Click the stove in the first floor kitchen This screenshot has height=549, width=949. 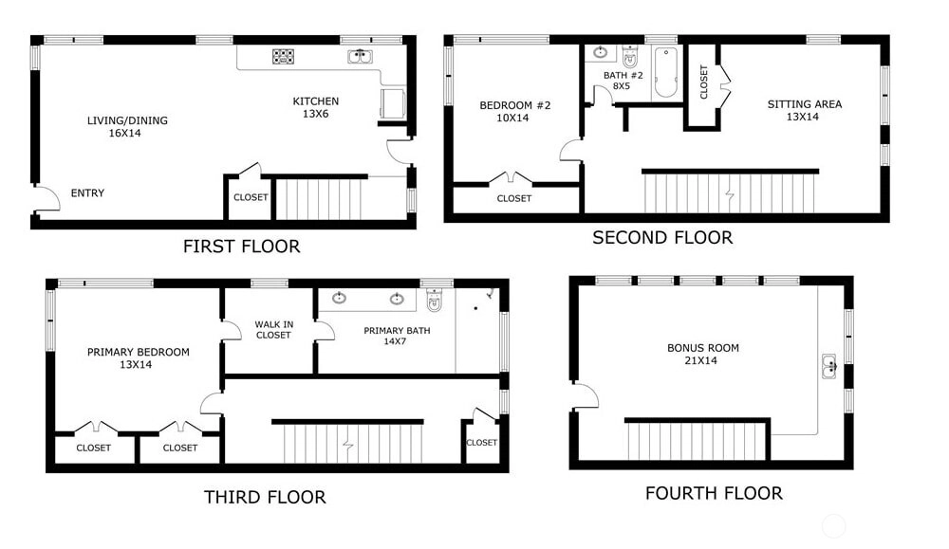(x=283, y=57)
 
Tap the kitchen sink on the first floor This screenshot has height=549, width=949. (x=360, y=57)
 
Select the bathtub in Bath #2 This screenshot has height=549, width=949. (x=666, y=73)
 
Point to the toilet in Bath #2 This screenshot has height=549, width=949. (x=630, y=56)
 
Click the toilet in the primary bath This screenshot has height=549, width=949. (x=434, y=300)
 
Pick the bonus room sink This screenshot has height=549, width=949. (x=829, y=366)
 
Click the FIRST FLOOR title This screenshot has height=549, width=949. (x=241, y=247)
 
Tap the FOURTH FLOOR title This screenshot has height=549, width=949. (x=715, y=493)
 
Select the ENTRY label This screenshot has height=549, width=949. (x=87, y=192)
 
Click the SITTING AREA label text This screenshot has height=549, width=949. (x=805, y=104)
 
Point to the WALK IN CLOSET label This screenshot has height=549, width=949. (x=274, y=330)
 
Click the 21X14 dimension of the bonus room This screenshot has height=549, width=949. (x=701, y=360)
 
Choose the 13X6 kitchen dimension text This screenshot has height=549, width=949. (x=315, y=114)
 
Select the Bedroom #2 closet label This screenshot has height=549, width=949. (x=513, y=198)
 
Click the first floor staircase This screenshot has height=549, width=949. (x=318, y=198)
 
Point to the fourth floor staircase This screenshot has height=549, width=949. (x=697, y=441)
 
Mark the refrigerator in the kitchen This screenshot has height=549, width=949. (x=392, y=103)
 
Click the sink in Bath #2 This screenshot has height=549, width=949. (x=601, y=52)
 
